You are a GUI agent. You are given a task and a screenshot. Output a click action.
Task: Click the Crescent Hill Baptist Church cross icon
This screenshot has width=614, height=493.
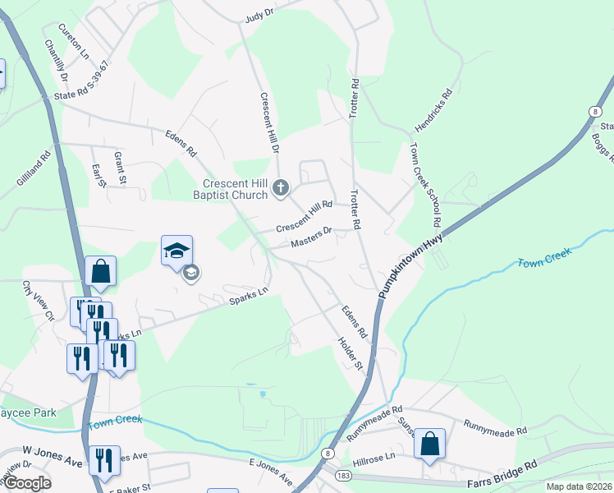point(279,188)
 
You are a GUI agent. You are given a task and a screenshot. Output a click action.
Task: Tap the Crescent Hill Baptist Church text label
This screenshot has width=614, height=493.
point(236,189)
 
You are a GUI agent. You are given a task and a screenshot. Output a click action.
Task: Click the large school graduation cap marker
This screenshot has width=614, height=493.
point(176,251)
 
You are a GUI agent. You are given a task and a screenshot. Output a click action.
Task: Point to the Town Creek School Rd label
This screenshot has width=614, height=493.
point(426,187)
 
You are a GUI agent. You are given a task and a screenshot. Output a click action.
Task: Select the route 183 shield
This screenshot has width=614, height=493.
point(342,476)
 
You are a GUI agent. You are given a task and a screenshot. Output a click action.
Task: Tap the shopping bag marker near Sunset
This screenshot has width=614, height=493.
point(429,445)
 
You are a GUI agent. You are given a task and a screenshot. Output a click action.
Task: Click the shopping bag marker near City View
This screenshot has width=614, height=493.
point(100,272)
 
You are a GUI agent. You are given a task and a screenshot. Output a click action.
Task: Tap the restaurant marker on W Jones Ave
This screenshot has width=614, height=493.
point(103,461)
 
